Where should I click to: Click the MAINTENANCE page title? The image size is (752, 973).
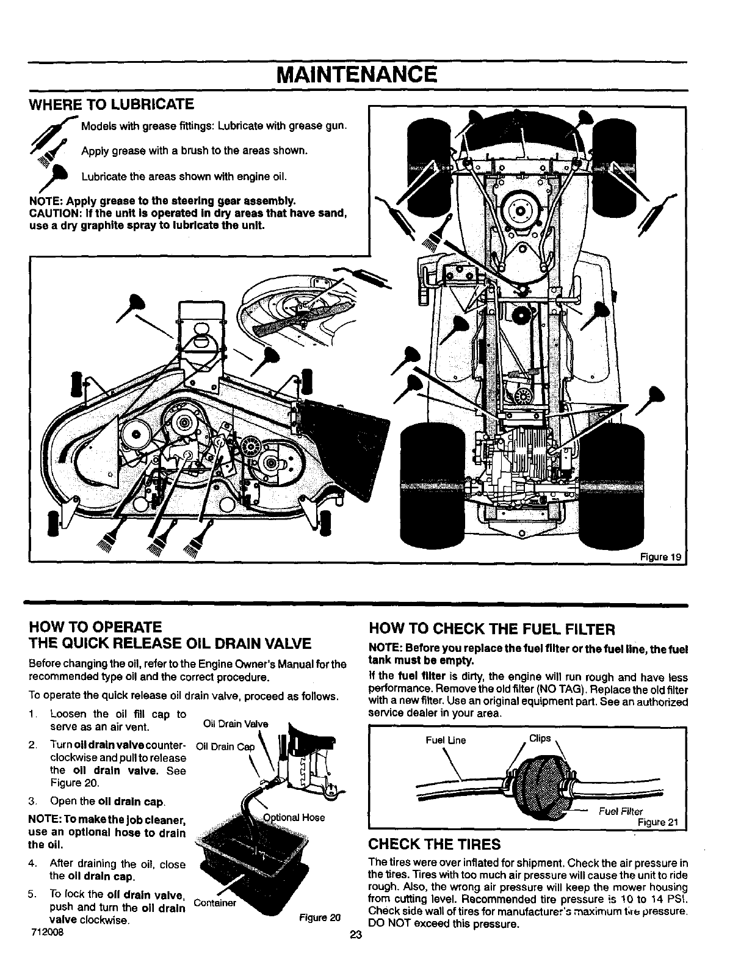(356, 74)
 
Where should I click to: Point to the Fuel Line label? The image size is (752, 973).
(446, 740)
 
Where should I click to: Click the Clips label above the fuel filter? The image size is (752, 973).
(540, 739)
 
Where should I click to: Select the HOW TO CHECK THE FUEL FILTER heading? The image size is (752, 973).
(491, 629)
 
